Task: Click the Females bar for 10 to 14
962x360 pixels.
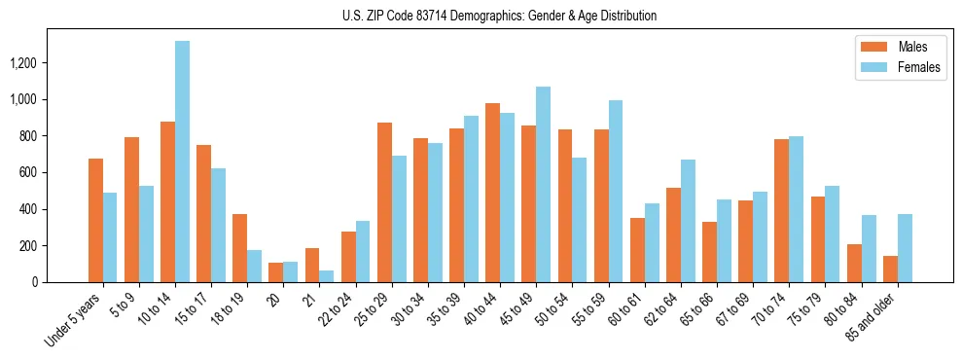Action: click(x=182, y=162)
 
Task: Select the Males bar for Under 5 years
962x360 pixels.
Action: click(x=95, y=220)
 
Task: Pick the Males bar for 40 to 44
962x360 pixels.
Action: click(x=492, y=193)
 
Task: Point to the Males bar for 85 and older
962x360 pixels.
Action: click(x=890, y=270)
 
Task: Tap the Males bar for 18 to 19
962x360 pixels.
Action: click(x=239, y=248)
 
